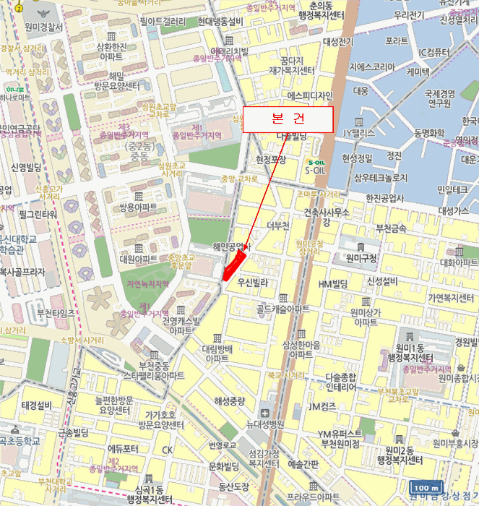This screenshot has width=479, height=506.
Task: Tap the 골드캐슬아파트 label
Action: pyautogui.click(x=282, y=309)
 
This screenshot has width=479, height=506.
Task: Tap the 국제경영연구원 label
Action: pyautogui.click(x=438, y=98)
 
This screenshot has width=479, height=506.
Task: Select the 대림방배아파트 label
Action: pyautogui.click(x=217, y=353)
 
